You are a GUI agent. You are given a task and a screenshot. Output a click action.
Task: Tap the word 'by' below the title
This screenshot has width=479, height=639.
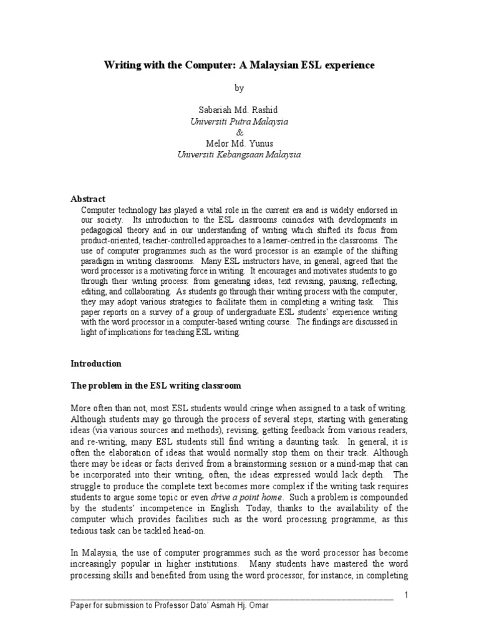coord(239,89)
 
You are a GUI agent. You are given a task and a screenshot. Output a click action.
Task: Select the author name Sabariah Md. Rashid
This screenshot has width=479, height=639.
coord(239,110)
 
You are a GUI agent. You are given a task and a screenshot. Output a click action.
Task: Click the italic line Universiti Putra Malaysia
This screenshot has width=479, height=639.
coord(239,122)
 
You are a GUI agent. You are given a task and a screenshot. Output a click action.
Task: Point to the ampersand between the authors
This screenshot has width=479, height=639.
coord(239,132)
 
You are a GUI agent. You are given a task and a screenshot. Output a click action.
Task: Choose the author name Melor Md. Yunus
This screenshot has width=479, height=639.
coord(239,144)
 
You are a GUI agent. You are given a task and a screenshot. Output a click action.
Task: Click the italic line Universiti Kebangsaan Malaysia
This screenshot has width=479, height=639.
coord(239,155)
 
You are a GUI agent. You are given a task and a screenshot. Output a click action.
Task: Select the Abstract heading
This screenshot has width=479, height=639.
coord(88,198)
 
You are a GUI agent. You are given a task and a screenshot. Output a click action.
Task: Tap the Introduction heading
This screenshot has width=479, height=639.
coord(96,363)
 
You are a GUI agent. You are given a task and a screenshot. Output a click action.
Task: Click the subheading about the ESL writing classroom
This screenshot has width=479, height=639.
coord(155,386)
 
